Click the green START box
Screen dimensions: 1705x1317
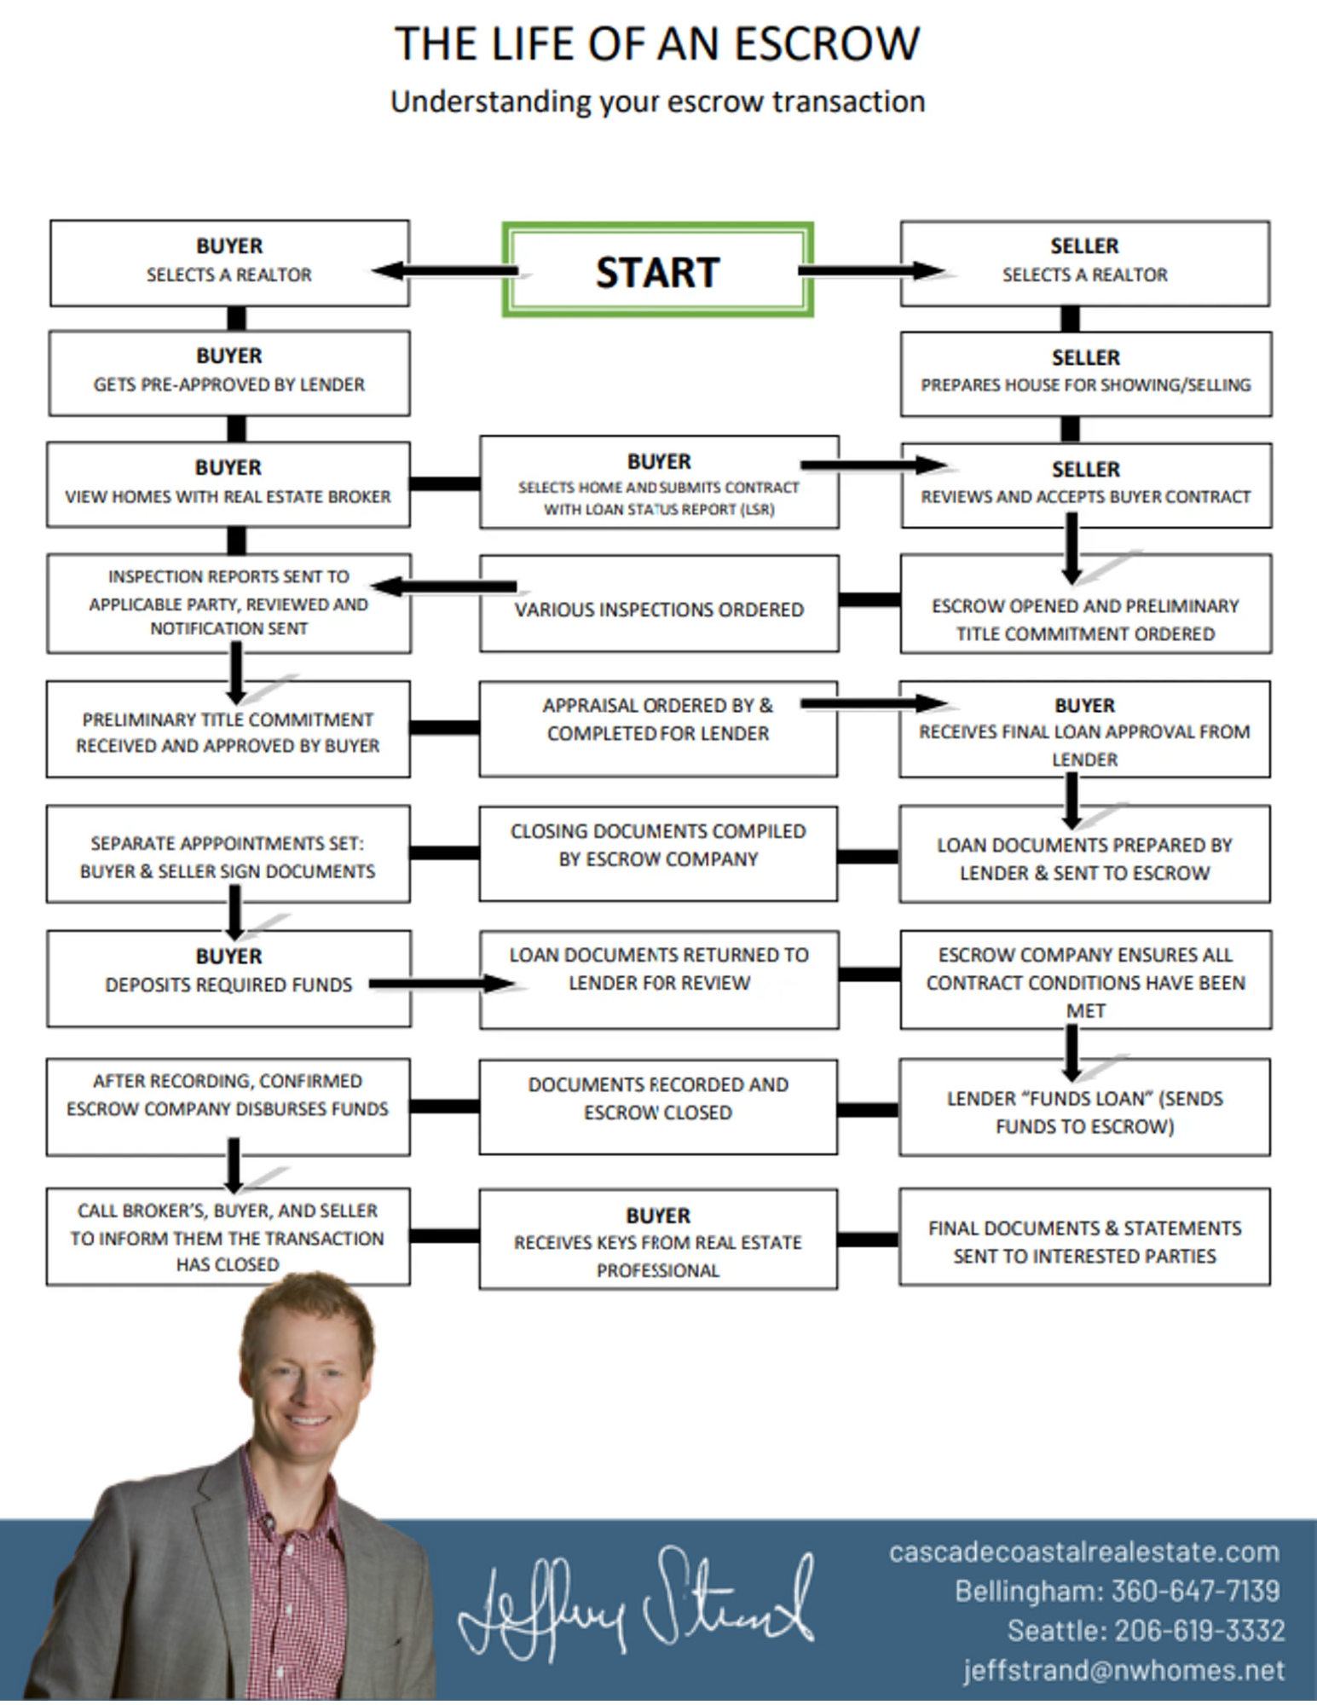(x=657, y=270)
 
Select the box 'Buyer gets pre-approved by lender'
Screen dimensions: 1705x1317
(x=228, y=373)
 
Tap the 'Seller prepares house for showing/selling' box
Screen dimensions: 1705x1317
(x=1085, y=373)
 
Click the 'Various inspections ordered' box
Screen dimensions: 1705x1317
(x=658, y=604)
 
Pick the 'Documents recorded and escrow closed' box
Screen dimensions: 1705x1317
(x=657, y=1107)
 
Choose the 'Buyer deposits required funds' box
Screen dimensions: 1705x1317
(x=228, y=978)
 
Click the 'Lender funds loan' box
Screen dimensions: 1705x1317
(x=1084, y=1107)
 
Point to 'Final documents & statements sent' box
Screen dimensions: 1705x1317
(x=1084, y=1237)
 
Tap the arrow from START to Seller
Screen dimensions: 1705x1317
(x=869, y=271)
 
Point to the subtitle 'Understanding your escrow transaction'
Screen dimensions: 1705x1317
(x=657, y=101)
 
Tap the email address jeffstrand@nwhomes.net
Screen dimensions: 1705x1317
(x=1123, y=1669)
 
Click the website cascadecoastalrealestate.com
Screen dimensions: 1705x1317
(x=1083, y=1552)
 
